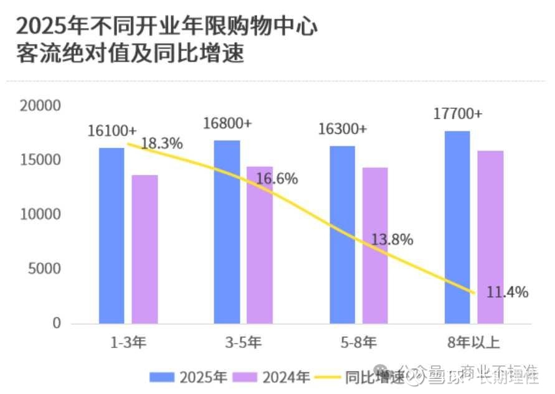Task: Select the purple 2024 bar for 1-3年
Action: coord(145,249)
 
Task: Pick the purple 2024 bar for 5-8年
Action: coord(375,245)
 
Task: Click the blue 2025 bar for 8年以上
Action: coord(457,227)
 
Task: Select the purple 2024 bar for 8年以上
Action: coord(490,237)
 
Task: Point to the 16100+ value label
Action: coord(112,131)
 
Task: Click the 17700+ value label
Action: coord(458,114)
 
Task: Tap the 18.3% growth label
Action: coord(161,144)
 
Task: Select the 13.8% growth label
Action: coord(392,240)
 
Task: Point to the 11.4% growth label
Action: coord(507,291)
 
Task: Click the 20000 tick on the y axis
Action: coord(39,105)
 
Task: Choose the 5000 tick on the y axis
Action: coord(44,269)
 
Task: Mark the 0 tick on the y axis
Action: coord(56,324)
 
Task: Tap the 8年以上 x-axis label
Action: coord(473,342)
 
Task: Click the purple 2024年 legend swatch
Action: coord(245,377)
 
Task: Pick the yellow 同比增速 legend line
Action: coord(328,377)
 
